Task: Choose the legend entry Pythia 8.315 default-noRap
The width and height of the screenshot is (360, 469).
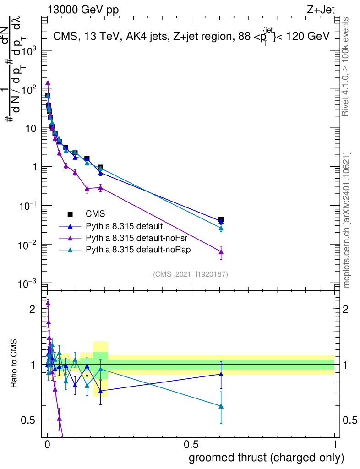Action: [x=129, y=250]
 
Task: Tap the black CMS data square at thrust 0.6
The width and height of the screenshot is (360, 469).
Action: [x=221, y=220]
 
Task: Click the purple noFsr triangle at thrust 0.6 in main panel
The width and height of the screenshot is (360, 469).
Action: [x=221, y=251]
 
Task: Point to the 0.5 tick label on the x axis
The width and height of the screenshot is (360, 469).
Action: [x=191, y=445]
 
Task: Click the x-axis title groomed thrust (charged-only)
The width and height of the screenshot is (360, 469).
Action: [x=266, y=458]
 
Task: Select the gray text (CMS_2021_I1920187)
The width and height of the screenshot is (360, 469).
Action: [x=191, y=274]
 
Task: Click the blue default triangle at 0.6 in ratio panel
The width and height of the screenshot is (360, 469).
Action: [x=221, y=374]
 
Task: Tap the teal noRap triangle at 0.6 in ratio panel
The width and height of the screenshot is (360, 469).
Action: [x=221, y=406]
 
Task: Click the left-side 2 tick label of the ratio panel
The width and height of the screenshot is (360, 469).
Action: [x=32, y=309]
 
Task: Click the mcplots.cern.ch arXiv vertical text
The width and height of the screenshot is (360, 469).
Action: [x=347, y=220]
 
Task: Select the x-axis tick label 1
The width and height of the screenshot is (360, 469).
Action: [x=334, y=445]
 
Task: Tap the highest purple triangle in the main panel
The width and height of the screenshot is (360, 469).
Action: [x=48, y=83]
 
